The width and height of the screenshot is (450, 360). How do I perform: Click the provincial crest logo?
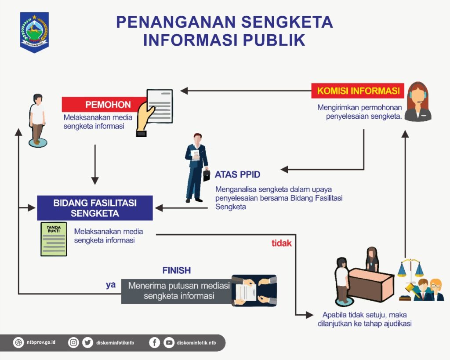tap(34, 32)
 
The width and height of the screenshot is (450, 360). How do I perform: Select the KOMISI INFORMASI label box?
tap(358, 91)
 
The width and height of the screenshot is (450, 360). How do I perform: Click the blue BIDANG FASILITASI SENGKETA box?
tap(95, 208)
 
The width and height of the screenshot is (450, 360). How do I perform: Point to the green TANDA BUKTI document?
tap(54, 239)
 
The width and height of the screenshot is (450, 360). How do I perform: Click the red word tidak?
tap(281, 243)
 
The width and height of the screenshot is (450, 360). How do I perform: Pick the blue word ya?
tap(111, 284)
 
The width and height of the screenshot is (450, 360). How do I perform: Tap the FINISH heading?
tap(176, 270)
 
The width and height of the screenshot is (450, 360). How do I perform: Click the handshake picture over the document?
tap(254, 290)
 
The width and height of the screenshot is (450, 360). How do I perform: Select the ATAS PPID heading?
tap(237, 175)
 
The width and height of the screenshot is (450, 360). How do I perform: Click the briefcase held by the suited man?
tap(206, 175)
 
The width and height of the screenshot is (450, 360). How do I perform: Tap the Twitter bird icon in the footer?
tap(87, 342)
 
